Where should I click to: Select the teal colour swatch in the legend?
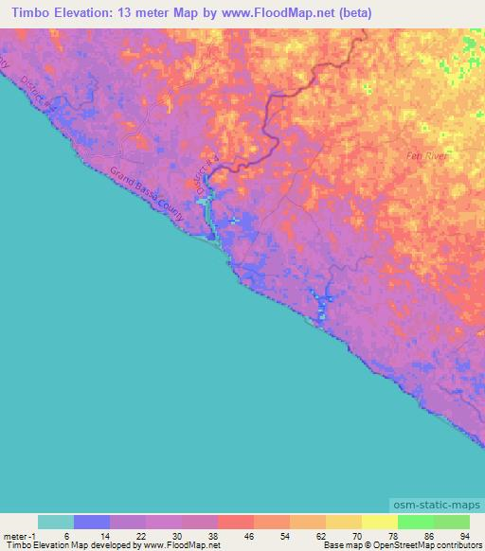click(56, 522)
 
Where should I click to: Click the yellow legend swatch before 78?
click(379, 522)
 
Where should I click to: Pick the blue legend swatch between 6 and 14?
click(92, 522)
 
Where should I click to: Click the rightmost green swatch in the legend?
click(451, 522)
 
